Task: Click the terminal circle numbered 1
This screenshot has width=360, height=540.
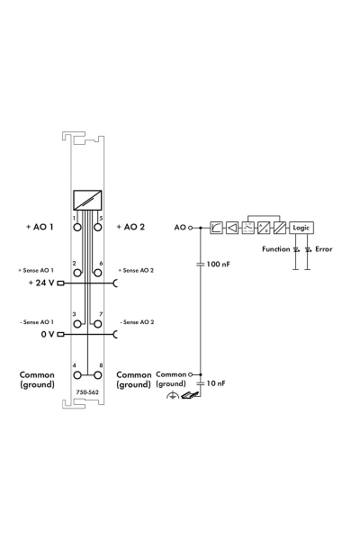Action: click(x=77, y=228)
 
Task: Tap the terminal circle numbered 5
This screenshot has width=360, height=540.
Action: click(x=98, y=228)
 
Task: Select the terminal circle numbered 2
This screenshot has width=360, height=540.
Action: click(x=77, y=273)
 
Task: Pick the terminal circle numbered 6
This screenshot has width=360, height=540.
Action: click(x=98, y=273)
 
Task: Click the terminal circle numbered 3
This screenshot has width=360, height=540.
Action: click(x=77, y=324)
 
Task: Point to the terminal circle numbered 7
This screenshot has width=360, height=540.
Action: click(x=98, y=324)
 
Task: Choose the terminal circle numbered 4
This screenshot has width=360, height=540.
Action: click(x=77, y=374)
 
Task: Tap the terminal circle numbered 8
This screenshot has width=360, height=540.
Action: click(x=98, y=374)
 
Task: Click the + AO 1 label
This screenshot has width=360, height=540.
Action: click(x=40, y=227)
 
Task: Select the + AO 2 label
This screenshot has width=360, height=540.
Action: click(x=130, y=227)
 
